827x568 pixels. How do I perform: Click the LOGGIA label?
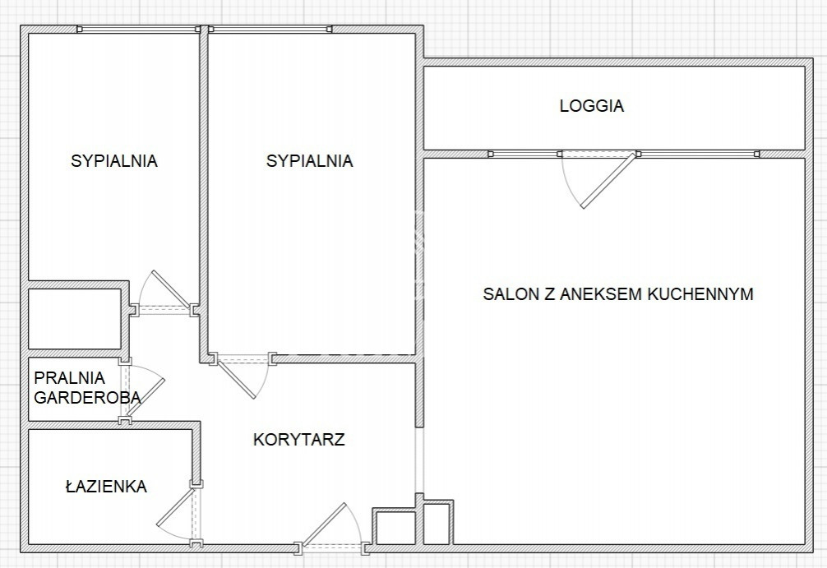pos(592,105)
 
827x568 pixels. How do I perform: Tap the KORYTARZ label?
pos(299,439)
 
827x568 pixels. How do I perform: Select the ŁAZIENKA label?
pos(106,486)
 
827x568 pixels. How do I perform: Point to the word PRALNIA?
pos(70,377)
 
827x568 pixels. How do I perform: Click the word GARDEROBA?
pos(87,397)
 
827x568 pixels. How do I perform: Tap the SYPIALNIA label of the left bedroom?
pos(114,161)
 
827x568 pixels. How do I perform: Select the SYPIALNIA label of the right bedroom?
pos(310,161)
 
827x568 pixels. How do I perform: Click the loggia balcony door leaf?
pos(608,180)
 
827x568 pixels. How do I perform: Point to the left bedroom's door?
pos(170,289)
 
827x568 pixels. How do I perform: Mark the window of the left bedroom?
pos(139,29)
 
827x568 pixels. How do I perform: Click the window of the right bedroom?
pos(270,29)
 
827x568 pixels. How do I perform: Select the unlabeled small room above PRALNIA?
pos(75,319)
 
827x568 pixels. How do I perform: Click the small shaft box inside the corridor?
pos(395,528)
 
